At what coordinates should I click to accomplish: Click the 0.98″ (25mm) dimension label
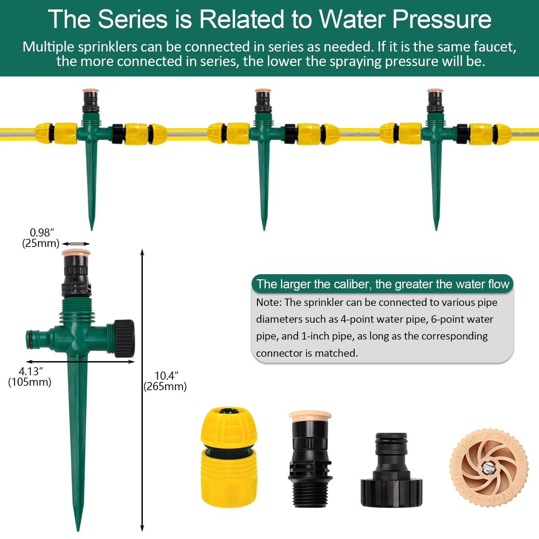pos(41,238)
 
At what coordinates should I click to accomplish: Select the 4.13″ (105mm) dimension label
pos(30,377)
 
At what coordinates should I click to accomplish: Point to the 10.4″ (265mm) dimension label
pos(165,381)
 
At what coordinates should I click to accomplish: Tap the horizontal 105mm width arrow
pos(80,361)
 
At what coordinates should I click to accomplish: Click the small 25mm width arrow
pos(76,244)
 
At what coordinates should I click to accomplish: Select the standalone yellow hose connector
pos(229,457)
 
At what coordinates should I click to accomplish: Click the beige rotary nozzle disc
pos(489,467)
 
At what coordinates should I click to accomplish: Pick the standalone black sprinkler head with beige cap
pos(310,459)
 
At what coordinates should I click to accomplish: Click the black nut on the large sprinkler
pos(124,338)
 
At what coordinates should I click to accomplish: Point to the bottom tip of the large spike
pos(78,528)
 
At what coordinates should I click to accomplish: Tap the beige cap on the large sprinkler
pos(76,253)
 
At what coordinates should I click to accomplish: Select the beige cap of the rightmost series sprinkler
pos(435,91)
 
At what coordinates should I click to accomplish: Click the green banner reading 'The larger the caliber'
pos(382,284)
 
